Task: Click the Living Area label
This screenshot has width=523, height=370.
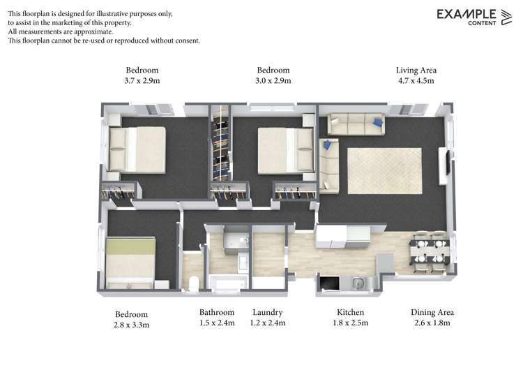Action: click(416, 70)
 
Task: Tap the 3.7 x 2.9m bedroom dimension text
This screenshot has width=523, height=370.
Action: click(142, 81)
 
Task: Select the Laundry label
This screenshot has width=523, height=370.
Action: click(267, 312)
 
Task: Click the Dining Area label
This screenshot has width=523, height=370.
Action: click(432, 312)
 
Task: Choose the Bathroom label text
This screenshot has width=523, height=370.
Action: click(217, 312)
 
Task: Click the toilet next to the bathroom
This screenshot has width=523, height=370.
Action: click(193, 282)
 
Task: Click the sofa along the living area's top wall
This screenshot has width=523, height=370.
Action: click(356, 124)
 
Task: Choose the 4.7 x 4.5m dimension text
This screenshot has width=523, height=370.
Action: click(416, 81)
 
